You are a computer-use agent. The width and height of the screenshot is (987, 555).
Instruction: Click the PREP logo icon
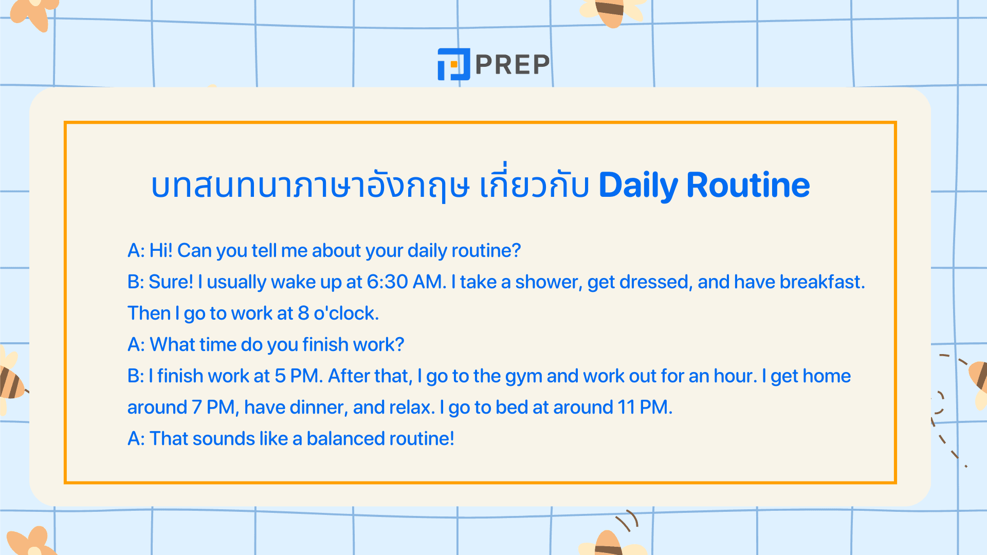[x=453, y=64]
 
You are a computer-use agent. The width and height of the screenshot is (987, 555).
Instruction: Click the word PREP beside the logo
[x=513, y=65]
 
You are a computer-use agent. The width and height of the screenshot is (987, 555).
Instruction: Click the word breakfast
[x=821, y=282]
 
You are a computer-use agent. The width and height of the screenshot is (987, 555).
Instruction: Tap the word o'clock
[x=346, y=313]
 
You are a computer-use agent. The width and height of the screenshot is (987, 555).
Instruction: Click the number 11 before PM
[x=626, y=408]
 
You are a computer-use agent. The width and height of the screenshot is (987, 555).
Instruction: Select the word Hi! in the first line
[x=161, y=251]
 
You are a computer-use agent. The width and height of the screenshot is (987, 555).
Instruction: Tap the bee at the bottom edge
[x=609, y=544]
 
